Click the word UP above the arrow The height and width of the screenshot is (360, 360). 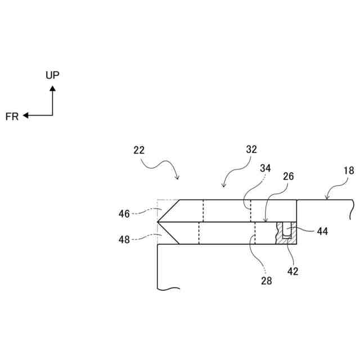52,75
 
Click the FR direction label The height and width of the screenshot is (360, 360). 12,116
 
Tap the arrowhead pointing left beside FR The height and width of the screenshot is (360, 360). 26,116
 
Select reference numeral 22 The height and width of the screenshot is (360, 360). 139,150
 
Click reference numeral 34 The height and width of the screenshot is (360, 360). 265,168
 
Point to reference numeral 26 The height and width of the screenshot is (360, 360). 288,177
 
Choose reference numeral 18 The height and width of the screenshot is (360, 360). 349,171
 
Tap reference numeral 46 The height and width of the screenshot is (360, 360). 124,214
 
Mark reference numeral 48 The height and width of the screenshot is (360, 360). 124,239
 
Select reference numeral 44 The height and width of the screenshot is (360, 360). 322,231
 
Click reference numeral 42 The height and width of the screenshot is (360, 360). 292,271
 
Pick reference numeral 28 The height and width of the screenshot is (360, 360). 267,281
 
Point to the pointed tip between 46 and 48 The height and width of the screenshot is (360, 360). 159,222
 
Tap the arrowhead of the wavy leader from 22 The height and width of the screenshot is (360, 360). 178,179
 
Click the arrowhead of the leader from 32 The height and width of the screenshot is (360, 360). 224,187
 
